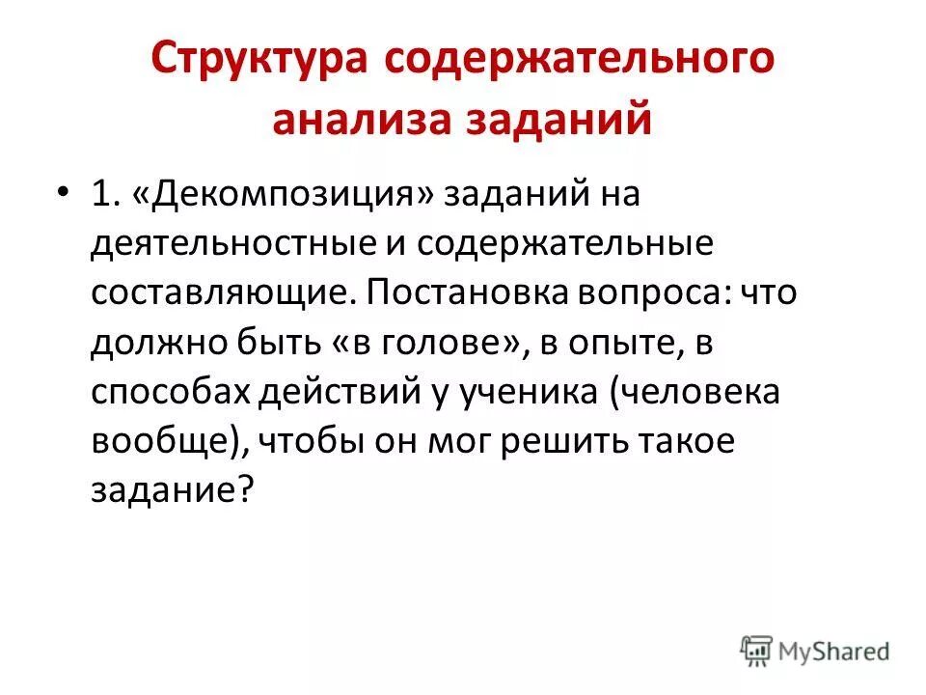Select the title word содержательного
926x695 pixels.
point(579,60)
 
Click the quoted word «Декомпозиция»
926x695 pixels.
point(253,191)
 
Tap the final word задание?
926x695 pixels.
point(172,491)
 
